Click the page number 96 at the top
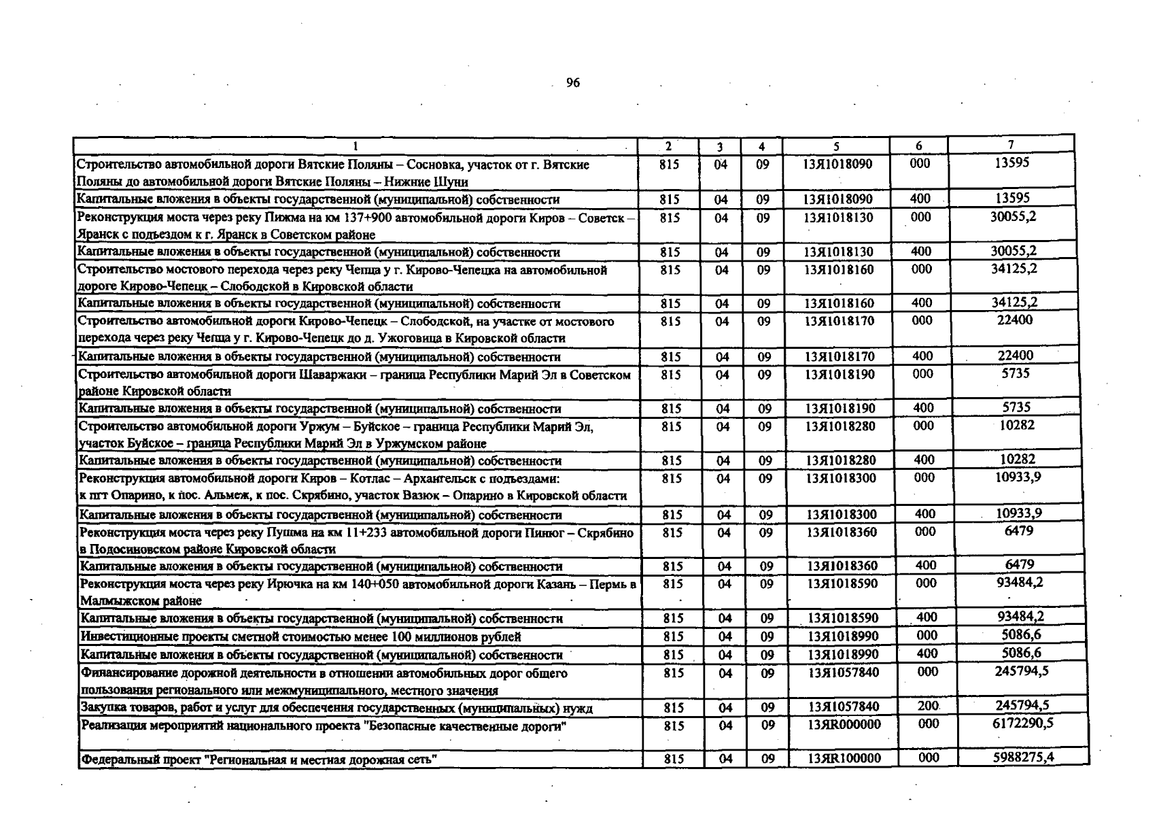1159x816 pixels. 572,83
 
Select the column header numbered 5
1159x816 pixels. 836,146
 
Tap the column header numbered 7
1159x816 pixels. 1011,144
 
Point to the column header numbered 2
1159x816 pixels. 668,146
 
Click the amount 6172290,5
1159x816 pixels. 1022,724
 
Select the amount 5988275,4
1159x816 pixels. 1024,757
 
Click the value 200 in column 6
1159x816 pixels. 928,707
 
